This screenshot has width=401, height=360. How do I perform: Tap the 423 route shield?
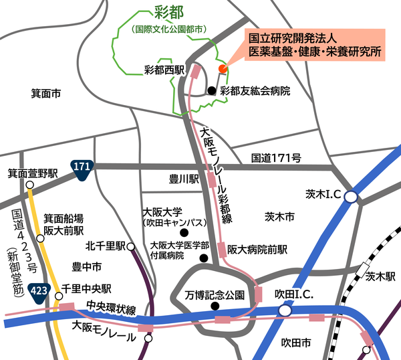[x=39, y=290]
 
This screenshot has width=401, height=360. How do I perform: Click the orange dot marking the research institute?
[x=223, y=68]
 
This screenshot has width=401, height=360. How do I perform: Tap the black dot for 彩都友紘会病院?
[x=211, y=90]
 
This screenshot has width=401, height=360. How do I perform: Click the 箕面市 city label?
[x=47, y=94]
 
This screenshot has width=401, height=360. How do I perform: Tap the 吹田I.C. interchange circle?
[x=285, y=310]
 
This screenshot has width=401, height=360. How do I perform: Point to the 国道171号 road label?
[x=276, y=159]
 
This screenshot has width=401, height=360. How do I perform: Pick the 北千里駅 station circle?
[x=131, y=246]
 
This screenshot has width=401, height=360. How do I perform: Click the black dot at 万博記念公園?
[x=215, y=306]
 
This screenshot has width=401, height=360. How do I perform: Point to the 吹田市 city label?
[x=295, y=343]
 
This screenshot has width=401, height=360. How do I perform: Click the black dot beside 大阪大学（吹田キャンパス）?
[x=193, y=232]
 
